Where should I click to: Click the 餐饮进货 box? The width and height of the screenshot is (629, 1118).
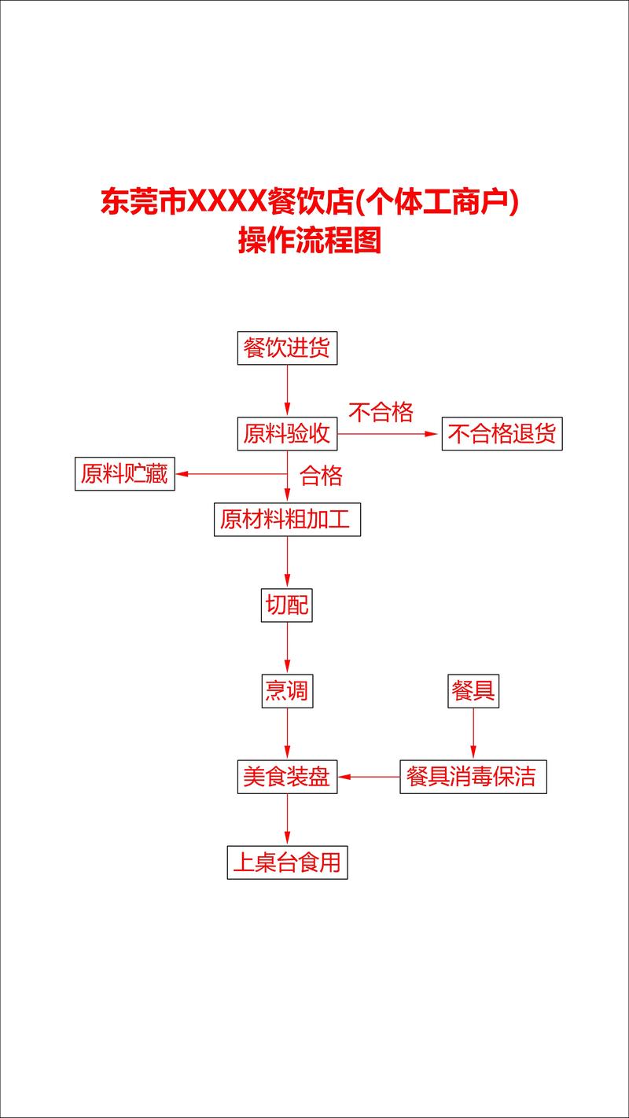click(x=287, y=348)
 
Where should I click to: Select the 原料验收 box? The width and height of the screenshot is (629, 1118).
click(x=287, y=434)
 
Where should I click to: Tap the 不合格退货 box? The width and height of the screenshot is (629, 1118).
click(x=502, y=434)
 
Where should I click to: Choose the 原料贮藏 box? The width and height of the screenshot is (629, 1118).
click(x=125, y=473)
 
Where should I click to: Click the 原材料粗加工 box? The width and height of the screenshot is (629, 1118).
click(x=287, y=520)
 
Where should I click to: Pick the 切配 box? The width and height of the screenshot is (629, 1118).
click(x=286, y=605)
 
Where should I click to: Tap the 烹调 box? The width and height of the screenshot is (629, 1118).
click(x=287, y=691)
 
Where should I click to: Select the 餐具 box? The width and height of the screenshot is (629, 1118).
click(x=473, y=691)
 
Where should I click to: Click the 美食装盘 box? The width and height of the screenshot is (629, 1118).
click(x=287, y=777)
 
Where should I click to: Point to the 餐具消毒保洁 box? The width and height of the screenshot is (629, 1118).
click(x=473, y=777)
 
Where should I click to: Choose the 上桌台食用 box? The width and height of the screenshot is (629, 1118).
click(x=287, y=862)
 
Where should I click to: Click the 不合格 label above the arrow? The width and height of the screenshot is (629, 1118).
click(x=381, y=412)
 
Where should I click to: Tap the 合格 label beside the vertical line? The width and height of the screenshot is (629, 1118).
click(x=321, y=476)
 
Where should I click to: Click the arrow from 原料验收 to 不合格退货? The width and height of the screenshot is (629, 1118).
click(x=388, y=434)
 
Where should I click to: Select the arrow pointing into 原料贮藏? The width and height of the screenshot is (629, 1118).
click(x=232, y=473)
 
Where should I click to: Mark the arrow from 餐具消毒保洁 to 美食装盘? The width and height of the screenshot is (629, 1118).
click(x=369, y=777)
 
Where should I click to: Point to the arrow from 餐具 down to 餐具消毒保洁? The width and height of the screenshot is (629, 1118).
click(x=473, y=734)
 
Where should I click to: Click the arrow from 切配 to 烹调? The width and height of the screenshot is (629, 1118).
click(x=287, y=647)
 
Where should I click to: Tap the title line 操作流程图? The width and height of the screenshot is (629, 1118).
click(x=310, y=240)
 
